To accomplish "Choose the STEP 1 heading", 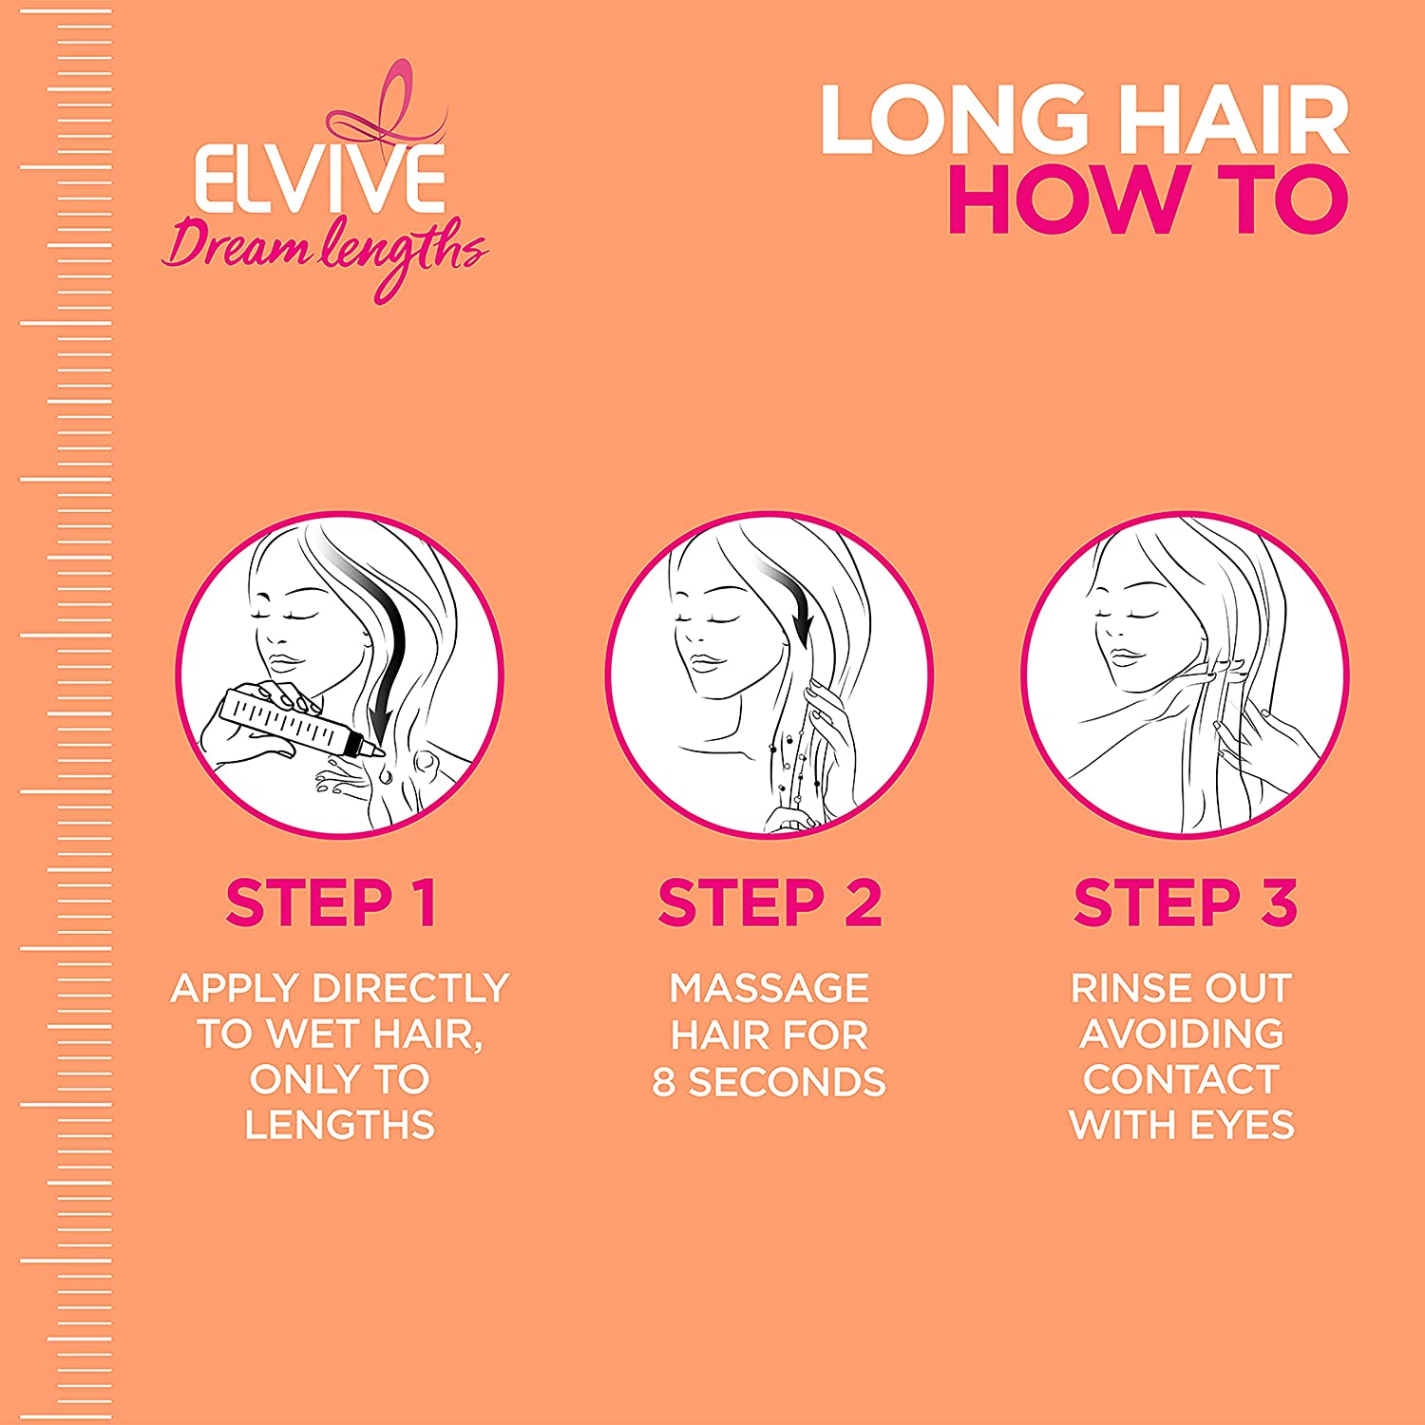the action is [331, 902].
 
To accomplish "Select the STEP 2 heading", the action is [769, 902].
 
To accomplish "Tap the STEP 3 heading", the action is [1185, 902].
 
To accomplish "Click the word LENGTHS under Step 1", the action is [339, 1125].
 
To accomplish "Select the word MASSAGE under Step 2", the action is [769, 988].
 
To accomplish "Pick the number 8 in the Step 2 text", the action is [663, 1082].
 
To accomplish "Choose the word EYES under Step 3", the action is [1242, 1125].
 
